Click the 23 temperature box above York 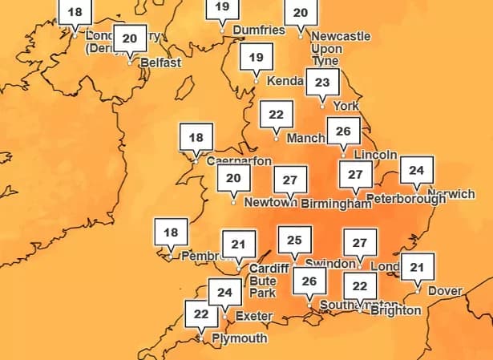323,82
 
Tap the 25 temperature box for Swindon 294,240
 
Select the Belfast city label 160,63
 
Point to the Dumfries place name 258,30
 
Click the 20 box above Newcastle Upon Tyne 301,13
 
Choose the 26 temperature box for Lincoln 344,131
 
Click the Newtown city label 265,203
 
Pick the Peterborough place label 405,198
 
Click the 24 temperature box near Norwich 416,170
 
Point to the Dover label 445,290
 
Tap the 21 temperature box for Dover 416,267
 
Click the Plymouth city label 239,338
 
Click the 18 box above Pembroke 171,233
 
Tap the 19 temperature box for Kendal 256,58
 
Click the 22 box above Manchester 276,115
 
